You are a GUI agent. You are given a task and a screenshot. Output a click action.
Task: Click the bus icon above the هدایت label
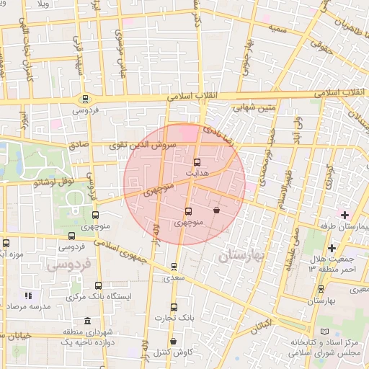(197, 162)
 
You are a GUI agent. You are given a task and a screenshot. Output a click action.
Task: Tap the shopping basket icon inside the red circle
(217, 210)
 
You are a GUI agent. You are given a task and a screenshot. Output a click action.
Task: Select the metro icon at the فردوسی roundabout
(86, 99)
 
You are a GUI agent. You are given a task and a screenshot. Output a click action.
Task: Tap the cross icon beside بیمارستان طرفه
(344, 215)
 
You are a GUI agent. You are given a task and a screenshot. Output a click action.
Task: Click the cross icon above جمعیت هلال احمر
(331, 249)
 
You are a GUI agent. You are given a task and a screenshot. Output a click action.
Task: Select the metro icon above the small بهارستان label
(321, 288)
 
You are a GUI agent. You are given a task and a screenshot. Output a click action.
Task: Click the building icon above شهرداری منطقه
(87, 321)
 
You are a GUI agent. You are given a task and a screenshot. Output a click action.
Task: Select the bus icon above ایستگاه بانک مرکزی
(98, 285)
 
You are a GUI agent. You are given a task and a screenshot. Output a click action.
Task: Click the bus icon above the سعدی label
(174, 266)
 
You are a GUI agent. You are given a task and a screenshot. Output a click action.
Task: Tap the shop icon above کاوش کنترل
(173, 341)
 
